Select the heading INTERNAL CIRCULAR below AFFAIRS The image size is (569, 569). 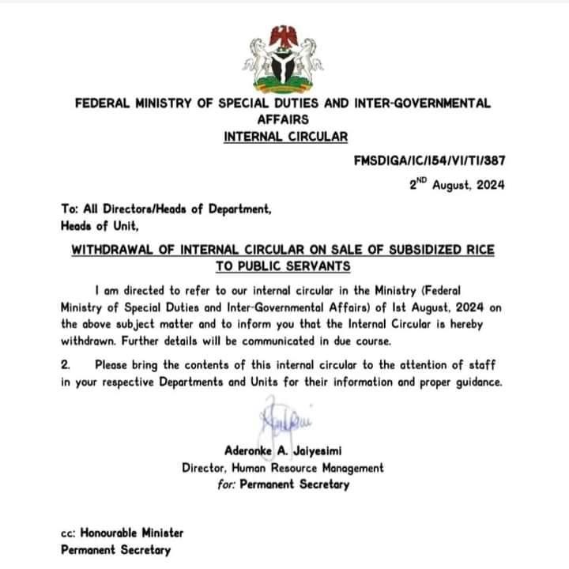coord(285,137)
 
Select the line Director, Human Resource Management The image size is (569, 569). coord(283,468)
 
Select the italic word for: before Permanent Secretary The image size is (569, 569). coord(228,484)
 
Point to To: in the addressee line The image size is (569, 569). coord(69,209)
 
